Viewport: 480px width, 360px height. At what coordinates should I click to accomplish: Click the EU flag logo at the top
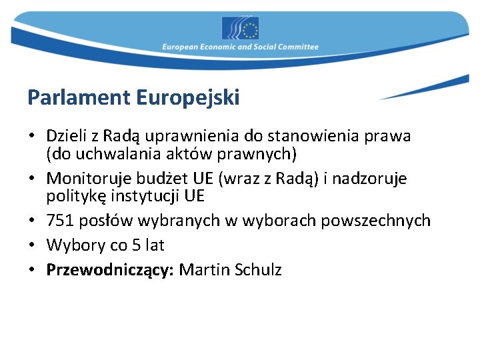pyautogui.click(x=240, y=28)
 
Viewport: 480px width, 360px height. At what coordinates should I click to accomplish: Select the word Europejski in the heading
pyautogui.click(x=188, y=98)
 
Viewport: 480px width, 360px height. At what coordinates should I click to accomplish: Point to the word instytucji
pyautogui.click(x=136, y=197)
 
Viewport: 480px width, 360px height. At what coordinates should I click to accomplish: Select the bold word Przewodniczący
pyautogui.click(x=110, y=270)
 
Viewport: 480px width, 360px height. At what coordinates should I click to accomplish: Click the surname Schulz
pyautogui.click(x=257, y=270)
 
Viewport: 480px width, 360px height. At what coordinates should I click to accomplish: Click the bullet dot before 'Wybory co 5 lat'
pyautogui.click(x=32, y=245)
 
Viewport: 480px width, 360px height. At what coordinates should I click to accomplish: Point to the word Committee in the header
pyautogui.click(x=299, y=47)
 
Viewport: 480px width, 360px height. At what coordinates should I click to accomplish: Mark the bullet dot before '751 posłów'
pyautogui.click(x=32, y=221)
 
